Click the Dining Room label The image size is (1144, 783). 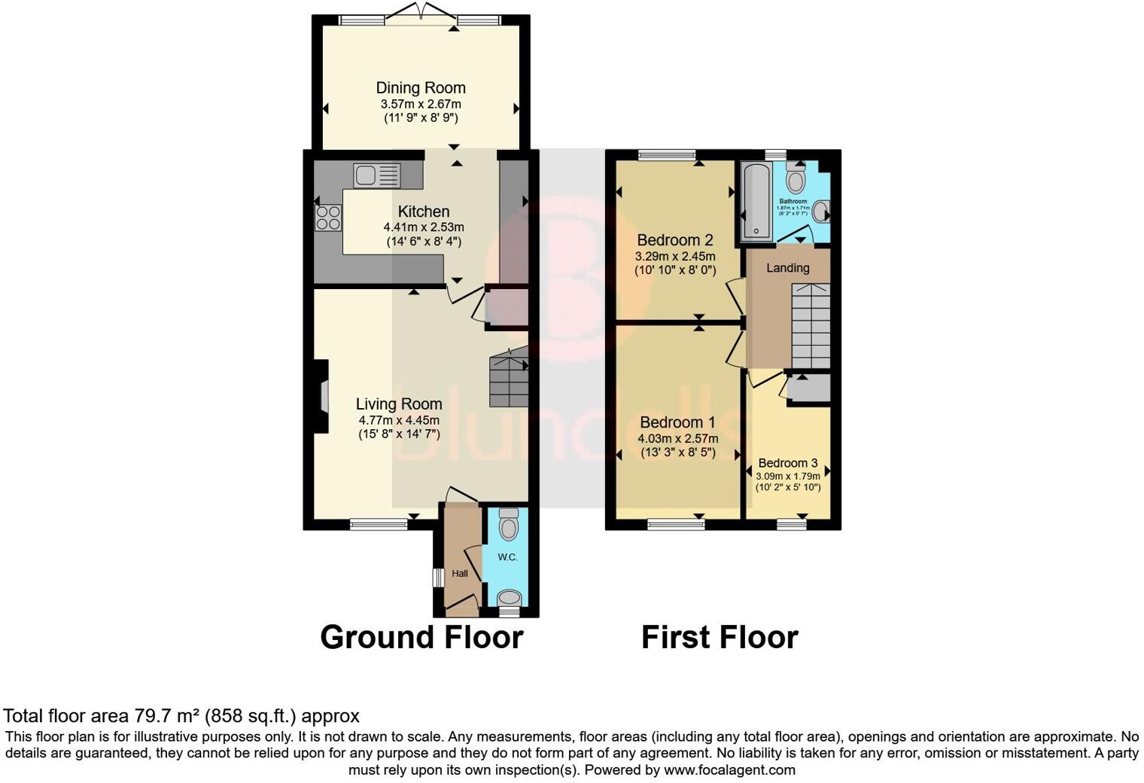421,88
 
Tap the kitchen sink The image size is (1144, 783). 376,175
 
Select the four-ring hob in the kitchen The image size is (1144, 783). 328,218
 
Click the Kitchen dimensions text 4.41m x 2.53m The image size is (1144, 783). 423,227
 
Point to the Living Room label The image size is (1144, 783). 399,404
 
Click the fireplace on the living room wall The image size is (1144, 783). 322,396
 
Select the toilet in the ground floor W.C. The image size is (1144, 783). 509,524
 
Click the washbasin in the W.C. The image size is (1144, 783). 510,598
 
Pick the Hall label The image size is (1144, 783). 459,574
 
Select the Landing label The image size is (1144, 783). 787,268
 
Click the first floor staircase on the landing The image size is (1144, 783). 811,325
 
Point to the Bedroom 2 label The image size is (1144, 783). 674,240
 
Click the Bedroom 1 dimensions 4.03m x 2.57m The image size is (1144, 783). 677,438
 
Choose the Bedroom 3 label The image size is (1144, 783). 787,463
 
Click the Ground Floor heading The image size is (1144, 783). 421,638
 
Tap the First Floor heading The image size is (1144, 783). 719,638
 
